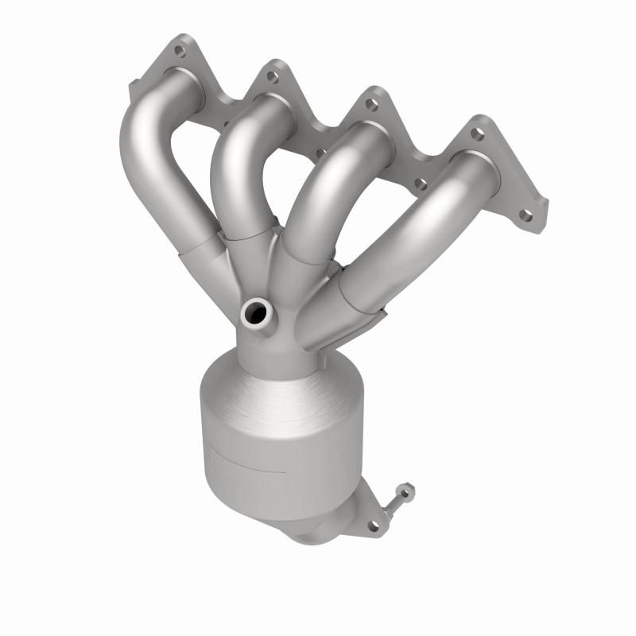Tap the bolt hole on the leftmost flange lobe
click(x=179, y=51)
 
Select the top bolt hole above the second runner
click(x=271, y=76)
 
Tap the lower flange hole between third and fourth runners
click(x=421, y=184)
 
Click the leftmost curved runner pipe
click(x=151, y=159)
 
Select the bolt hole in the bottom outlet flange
click(x=371, y=525)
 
